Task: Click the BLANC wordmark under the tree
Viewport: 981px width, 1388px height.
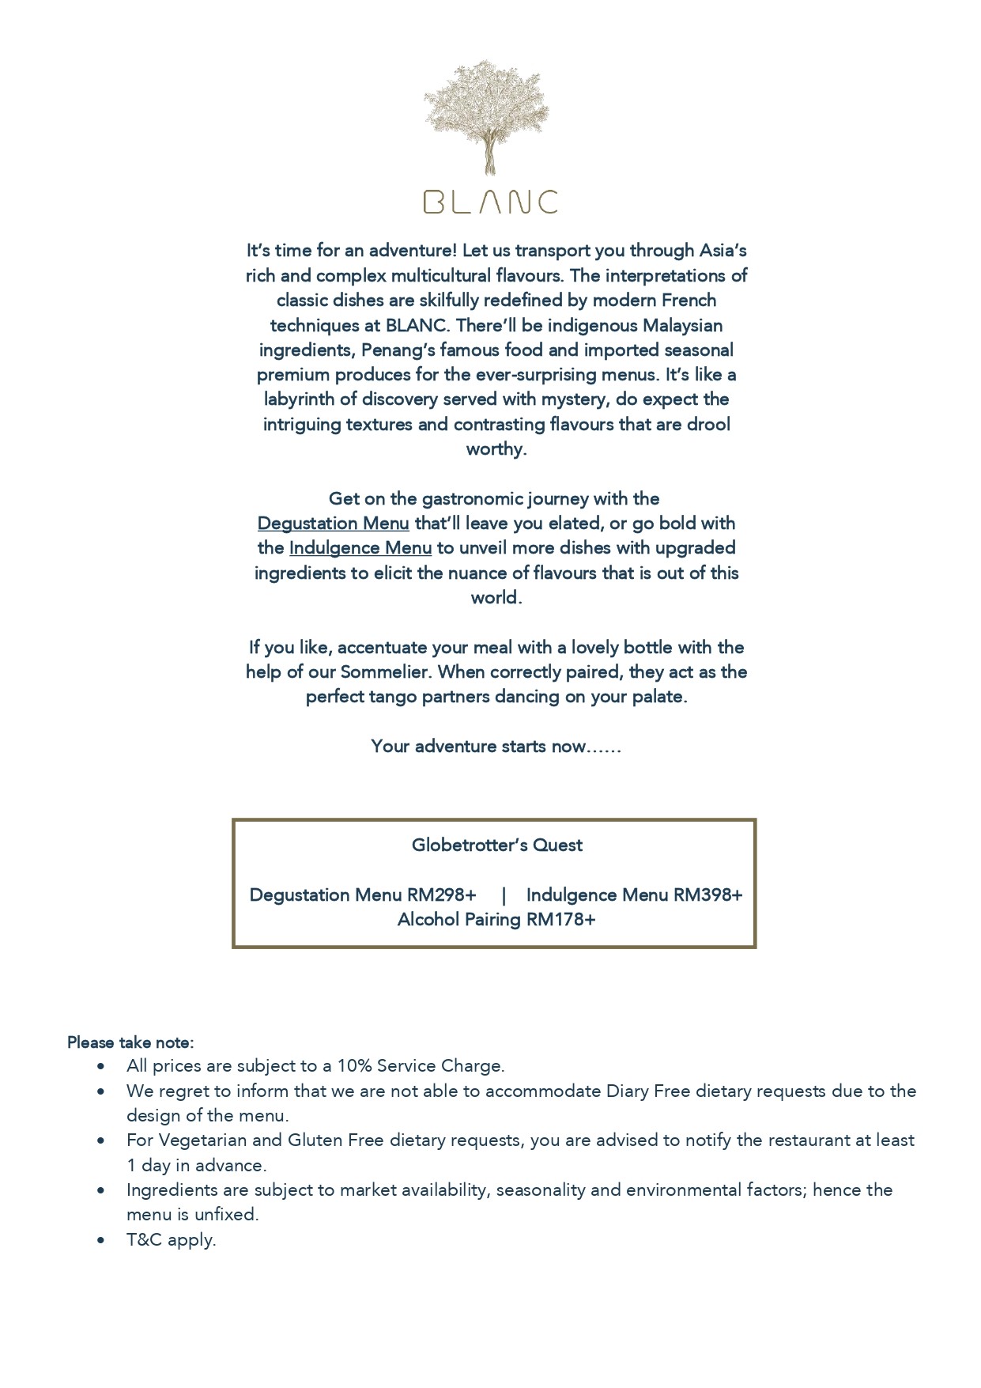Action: click(491, 202)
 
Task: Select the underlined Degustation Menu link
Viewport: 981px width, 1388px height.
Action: click(334, 524)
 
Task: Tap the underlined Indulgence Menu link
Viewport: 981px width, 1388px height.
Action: click(360, 548)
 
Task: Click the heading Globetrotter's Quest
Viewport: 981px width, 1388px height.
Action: click(496, 845)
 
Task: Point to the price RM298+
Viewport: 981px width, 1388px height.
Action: click(442, 894)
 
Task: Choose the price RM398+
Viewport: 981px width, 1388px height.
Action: click(708, 894)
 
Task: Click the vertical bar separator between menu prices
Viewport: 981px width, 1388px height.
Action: click(504, 895)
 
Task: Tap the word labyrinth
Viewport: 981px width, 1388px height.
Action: click(300, 399)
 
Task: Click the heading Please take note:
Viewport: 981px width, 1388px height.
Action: click(130, 1042)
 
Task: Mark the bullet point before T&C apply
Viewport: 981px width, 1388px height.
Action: click(100, 1240)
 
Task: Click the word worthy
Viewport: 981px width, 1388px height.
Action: click(495, 449)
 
